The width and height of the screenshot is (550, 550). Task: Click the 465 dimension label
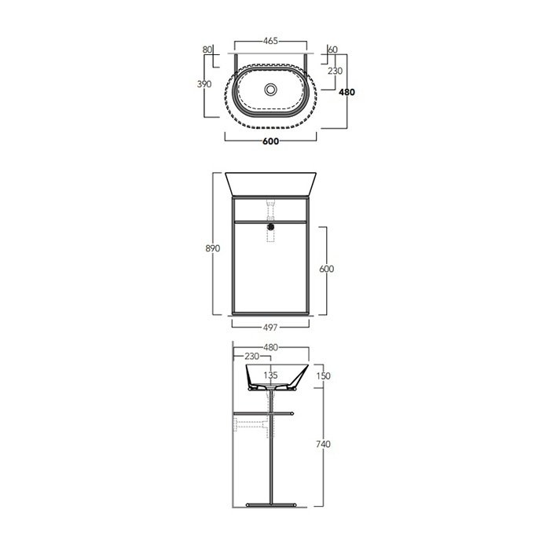(x=270, y=41)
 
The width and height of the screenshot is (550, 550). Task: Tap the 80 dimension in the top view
(x=207, y=49)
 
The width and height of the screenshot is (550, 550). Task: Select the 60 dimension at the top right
(x=332, y=49)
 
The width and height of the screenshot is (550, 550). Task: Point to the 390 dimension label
(x=204, y=84)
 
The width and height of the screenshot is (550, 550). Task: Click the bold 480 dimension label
(x=347, y=92)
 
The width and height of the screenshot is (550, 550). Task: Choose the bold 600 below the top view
(x=271, y=141)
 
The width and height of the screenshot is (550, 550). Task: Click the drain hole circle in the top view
(x=271, y=89)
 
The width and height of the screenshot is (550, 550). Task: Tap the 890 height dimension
(x=213, y=248)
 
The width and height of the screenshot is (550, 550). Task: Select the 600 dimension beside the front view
(x=327, y=269)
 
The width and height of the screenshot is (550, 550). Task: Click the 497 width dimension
(x=270, y=328)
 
